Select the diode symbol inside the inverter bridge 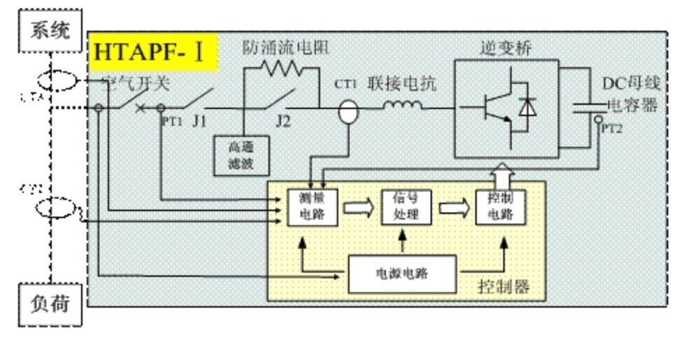pos(527,108)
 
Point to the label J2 pos(282,122)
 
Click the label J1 pos(199,122)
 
